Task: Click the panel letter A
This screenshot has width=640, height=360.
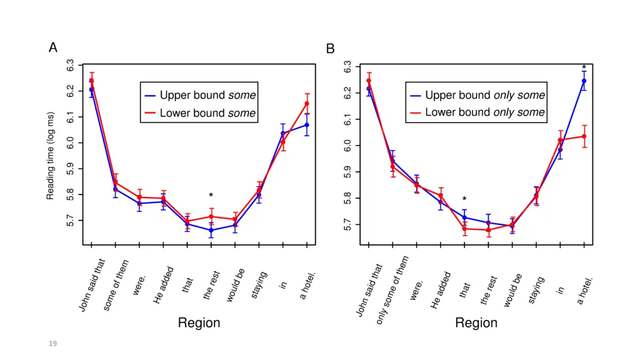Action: (53, 48)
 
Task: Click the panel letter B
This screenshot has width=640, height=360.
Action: (331, 48)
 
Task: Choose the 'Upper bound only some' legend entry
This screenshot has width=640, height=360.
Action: (477, 96)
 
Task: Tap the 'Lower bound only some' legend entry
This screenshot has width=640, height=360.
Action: (477, 112)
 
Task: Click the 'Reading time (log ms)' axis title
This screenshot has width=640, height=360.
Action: (51, 156)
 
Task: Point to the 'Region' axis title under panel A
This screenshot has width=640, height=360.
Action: (199, 323)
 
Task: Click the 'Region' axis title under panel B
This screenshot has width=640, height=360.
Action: (476, 323)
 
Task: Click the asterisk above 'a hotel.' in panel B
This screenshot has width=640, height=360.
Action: (584, 68)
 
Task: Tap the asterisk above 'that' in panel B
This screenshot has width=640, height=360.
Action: (464, 200)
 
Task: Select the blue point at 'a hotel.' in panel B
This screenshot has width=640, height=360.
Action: (584, 81)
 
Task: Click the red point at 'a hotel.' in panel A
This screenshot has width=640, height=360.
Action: (307, 104)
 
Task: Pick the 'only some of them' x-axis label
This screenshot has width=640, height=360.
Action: (392, 289)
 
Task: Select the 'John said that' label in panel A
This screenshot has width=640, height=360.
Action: (92, 285)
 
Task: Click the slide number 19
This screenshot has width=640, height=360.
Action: (52, 343)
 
